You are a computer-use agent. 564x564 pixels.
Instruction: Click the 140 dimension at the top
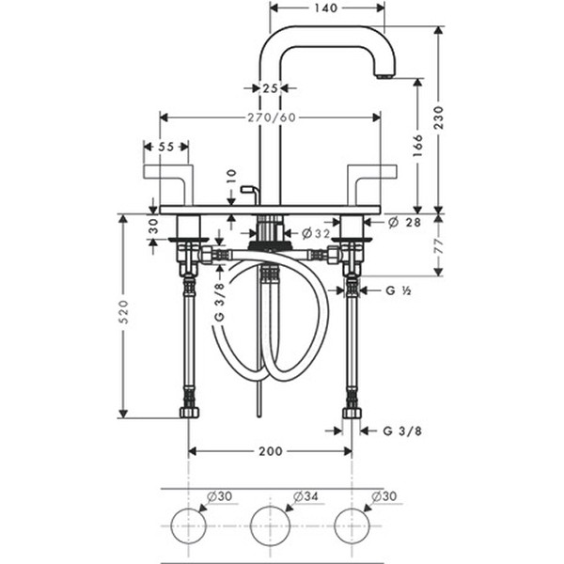pos(326,8)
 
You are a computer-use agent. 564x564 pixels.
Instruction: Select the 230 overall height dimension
pos(439,117)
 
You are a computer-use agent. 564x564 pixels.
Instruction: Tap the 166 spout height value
pos(417,146)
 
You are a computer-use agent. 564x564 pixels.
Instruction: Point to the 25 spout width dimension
pos(270,88)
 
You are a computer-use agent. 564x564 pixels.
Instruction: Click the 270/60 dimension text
pos(272,117)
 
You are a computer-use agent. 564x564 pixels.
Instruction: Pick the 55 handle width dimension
pos(166,147)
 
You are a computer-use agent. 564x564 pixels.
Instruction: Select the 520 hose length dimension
pos(123,311)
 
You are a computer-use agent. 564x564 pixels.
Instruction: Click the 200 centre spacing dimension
pos(271,451)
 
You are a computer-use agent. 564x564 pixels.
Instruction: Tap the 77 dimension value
pos(439,246)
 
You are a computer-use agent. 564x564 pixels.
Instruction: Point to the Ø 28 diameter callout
pos(404,222)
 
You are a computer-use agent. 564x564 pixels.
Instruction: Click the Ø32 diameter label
pos(316,234)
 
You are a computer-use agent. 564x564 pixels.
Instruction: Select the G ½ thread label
pos(399,290)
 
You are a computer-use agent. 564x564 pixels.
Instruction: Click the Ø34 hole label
pos(305,496)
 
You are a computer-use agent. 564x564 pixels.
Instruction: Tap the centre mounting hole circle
pos(270,525)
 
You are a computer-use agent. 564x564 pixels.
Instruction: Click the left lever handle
pos(168,185)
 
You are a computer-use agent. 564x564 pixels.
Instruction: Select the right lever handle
pos(372,185)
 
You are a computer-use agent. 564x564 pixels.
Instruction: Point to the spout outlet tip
pos(384,77)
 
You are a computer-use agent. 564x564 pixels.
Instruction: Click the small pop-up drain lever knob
pos(247,189)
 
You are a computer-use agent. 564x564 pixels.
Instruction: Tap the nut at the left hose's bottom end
pos(189,413)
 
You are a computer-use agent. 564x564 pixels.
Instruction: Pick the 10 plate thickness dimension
pos(231,176)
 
